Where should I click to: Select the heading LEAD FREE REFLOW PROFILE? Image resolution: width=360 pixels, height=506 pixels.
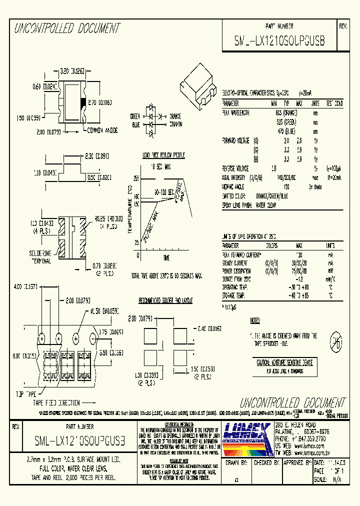(163, 155)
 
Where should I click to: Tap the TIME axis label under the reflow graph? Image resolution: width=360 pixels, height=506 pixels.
(165, 257)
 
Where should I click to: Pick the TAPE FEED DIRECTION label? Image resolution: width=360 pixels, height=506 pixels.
(56, 402)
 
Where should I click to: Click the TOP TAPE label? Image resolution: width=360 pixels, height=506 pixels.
(22, 394)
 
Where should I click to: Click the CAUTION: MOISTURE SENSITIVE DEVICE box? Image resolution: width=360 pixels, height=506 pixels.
(284, 366)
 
